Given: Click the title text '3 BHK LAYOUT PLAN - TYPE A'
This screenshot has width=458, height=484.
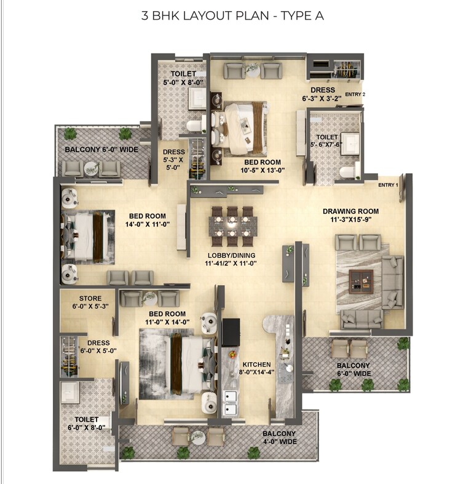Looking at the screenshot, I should coord(229,15).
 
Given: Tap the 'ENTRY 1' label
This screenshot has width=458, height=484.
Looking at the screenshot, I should coord(388,185).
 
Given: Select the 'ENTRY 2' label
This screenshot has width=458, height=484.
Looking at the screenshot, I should coord(355,94).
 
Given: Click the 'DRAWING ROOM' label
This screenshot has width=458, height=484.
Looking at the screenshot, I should coord(351,212).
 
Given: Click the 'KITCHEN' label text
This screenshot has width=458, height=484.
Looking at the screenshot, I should coord(252,364).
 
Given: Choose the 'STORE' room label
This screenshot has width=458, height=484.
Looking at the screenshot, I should coord(90,299).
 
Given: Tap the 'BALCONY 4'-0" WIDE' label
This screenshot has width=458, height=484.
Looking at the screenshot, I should coord(280,437).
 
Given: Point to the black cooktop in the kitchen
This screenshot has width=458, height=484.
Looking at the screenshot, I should coord(231,333).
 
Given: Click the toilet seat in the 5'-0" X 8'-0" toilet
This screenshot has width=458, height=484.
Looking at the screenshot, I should coord(194,126).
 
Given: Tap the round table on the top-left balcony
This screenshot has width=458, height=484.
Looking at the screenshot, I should coord(92,167).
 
